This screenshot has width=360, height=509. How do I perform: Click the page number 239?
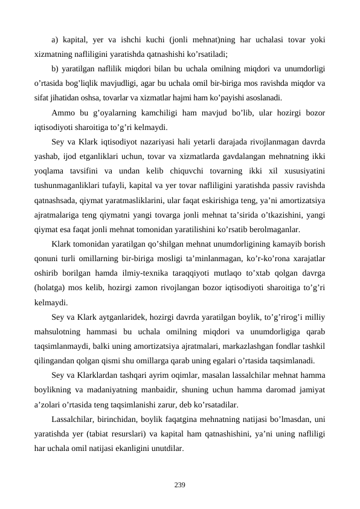[179, 484]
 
